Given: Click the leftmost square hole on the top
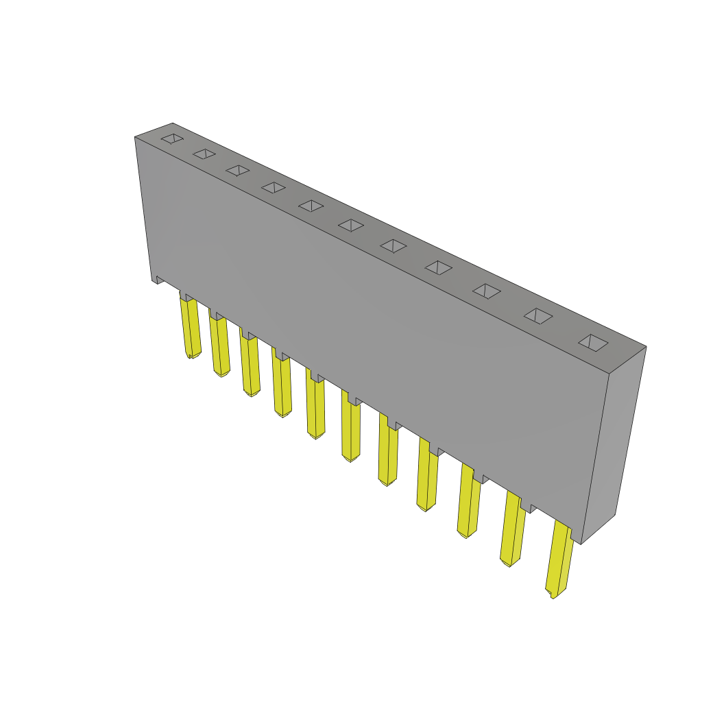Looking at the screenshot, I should coord(172,138).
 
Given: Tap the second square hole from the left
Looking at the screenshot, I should coord(204,154).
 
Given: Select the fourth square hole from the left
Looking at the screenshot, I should coord(274,187).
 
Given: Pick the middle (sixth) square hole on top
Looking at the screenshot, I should coord(351,225).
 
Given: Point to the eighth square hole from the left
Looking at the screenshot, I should coord(439,267).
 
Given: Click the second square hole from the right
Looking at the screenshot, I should coord(538,315).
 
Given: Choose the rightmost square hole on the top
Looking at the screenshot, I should coord(593,343).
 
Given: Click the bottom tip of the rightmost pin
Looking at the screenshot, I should coord(553,595).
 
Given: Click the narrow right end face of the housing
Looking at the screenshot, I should coord(614,446).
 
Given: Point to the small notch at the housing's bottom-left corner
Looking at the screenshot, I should coord(157,279).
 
